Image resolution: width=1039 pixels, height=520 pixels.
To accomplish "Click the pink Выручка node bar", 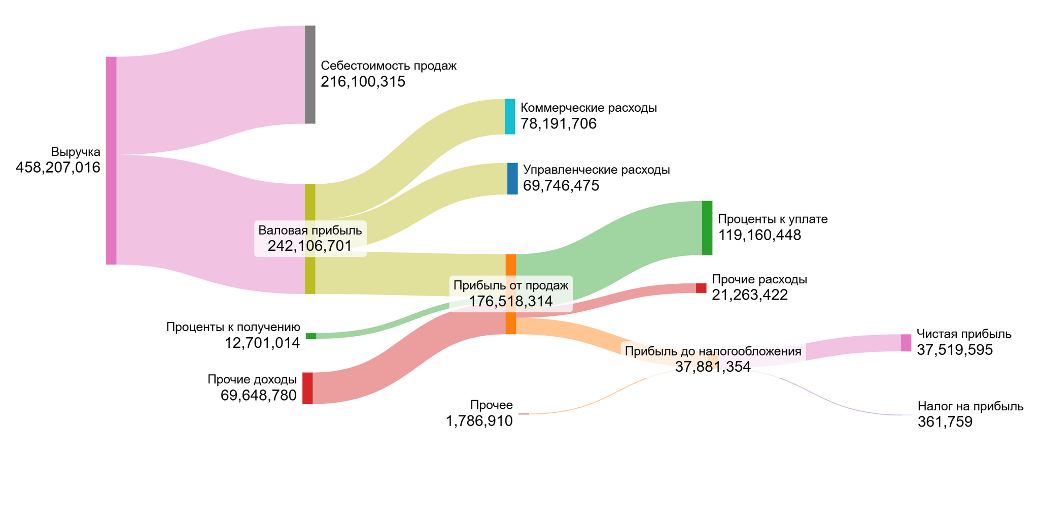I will (111, 160).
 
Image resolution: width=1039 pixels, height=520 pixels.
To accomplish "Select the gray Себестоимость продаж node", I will (310, 74).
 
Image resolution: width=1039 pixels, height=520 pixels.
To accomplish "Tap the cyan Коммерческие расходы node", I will (510, 117).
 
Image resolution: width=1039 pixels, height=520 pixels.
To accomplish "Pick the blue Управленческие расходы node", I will (512, 179).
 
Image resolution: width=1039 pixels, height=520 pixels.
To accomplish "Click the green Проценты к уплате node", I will (707, 228).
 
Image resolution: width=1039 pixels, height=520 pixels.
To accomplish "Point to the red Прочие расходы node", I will (701, 288).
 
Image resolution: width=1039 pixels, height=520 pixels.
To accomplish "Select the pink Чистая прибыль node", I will (906, 343).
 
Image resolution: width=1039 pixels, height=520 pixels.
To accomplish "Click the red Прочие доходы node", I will (307, 388).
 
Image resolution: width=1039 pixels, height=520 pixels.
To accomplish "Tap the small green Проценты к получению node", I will (311, 336).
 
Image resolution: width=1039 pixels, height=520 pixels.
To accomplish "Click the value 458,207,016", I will (58, 168).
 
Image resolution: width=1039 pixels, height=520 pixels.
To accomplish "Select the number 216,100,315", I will (363, 82).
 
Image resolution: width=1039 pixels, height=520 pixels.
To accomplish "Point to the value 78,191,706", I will (559, 124).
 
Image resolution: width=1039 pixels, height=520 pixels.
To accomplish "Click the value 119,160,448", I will (759, 235).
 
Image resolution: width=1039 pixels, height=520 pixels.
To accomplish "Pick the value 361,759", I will (945, 422).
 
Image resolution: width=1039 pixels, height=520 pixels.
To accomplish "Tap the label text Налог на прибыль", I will (971, 406).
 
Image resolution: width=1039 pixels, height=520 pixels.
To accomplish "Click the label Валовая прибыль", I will (310, 230).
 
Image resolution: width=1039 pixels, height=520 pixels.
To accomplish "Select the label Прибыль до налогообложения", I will (713, 351).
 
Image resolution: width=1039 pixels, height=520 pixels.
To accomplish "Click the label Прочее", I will (492, 405).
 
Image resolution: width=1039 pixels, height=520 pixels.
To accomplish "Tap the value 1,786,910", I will (479, 421).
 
